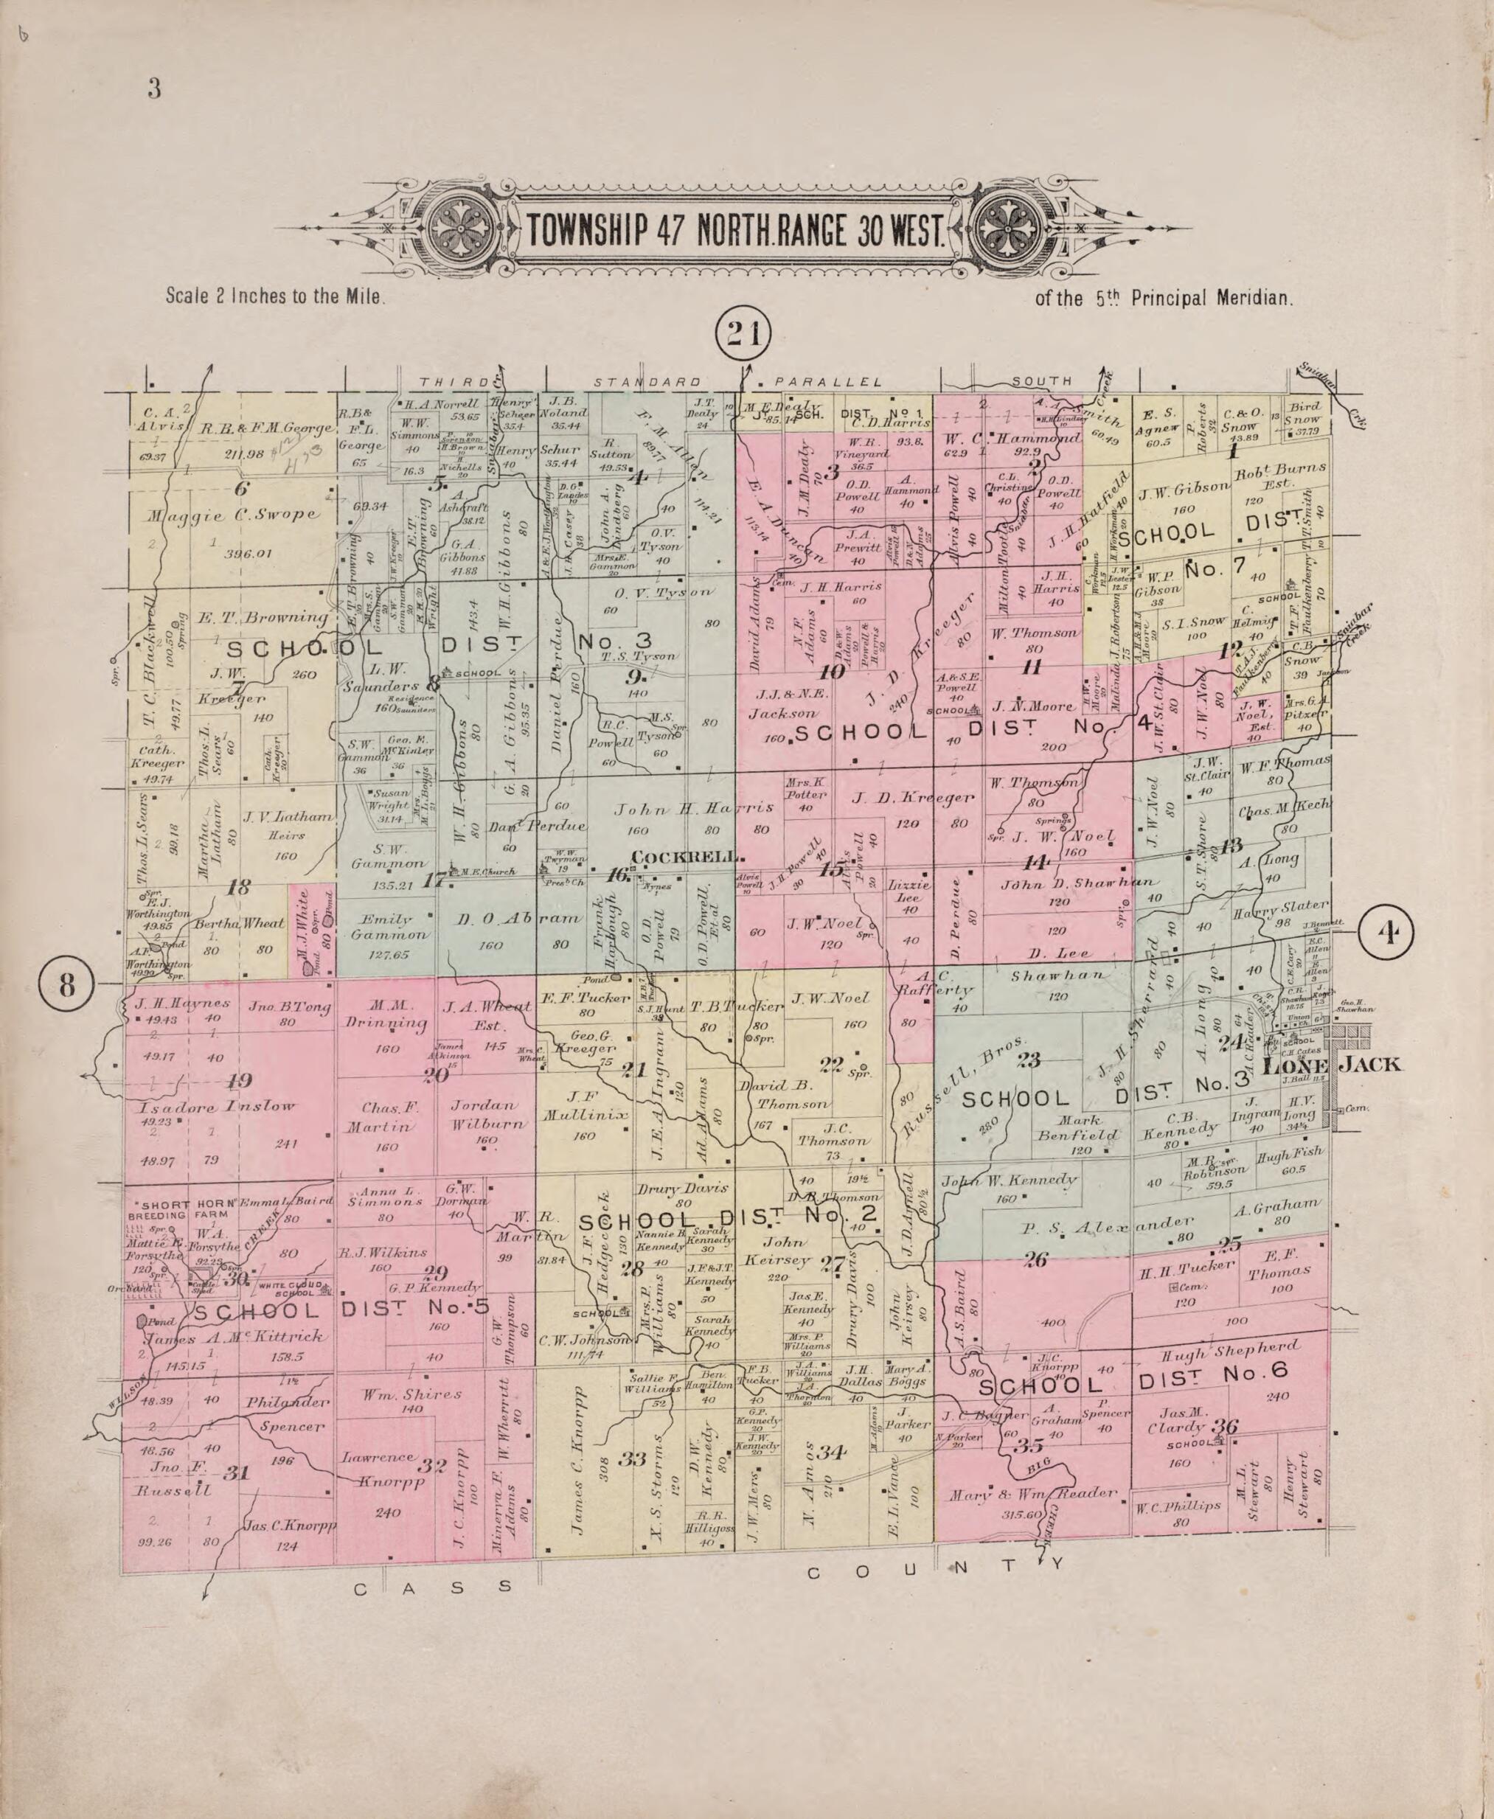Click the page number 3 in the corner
pyautogui.click(x=154, y=88)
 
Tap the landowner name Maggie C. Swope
pyautogui.click(x=233, y=515)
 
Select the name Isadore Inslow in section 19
pyautogui.click(x=216, y=1107)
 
